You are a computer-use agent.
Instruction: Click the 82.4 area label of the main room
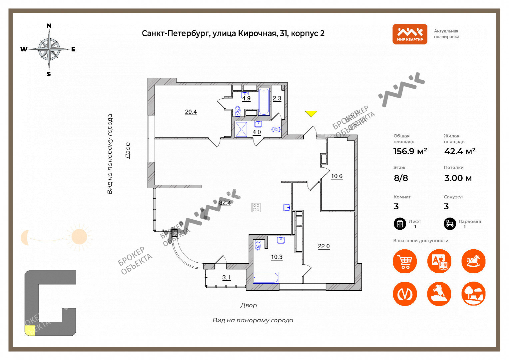(225, 203)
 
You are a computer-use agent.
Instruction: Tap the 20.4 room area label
(191, 112)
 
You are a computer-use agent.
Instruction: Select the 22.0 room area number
(324, 246)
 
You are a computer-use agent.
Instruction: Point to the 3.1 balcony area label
(226, 277)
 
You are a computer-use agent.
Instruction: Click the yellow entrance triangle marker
(311, 113)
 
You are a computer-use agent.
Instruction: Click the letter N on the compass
(49, 26)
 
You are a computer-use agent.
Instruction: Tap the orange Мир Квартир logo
(410, 34)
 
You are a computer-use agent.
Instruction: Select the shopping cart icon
(405, 261)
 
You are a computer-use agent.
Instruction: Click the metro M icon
(405, 294)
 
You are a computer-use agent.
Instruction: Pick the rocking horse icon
(474, 261)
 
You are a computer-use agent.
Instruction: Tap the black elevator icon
(400, 224)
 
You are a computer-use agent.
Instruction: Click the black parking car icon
(450, 224)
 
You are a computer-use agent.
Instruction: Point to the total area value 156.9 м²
(410, 151)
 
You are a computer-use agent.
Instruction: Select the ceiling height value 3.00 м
(458, 178)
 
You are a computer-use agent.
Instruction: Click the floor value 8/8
(401, 178)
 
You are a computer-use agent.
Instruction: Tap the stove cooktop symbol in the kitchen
(256, 208)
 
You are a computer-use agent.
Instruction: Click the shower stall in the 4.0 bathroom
(241, 130)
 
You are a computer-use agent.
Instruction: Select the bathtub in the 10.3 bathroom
(266, 278)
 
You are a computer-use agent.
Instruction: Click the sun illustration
(79, 237)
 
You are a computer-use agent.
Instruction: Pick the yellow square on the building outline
(30, 330)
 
